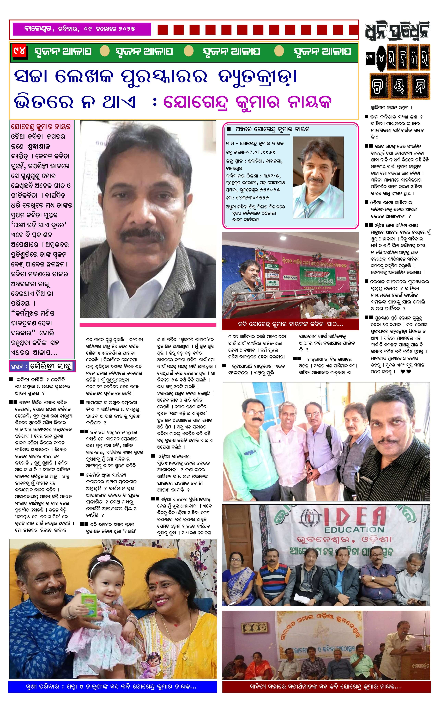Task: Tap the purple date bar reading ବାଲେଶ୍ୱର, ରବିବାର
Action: (x=80, y=29)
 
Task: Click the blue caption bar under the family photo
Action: (x=112, y=687)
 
